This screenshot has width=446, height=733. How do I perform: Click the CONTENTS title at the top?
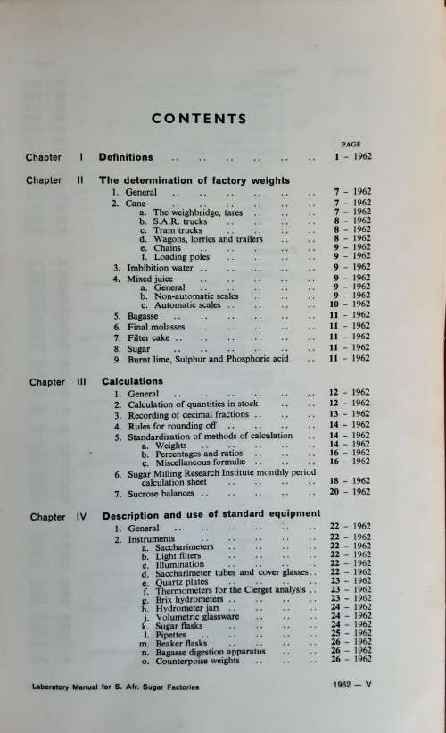[198, 118]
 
